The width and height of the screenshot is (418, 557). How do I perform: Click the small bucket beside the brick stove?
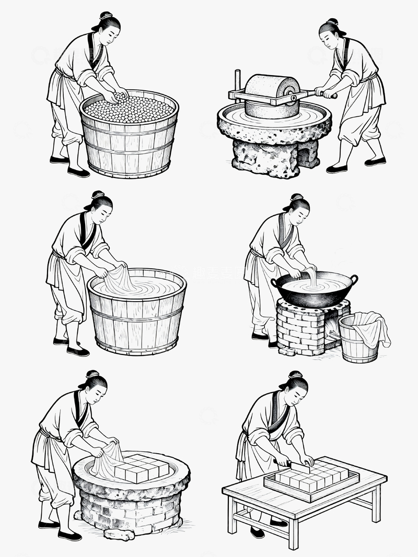359,345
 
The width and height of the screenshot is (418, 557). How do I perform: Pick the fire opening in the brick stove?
333,329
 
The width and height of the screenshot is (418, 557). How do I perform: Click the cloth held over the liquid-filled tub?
120,279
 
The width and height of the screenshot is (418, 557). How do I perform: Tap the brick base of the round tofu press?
131,509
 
